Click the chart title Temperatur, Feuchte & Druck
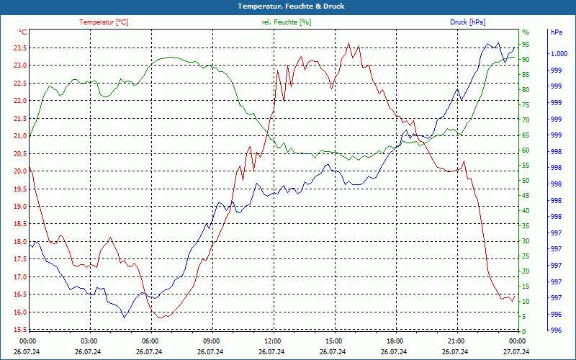(288, 6)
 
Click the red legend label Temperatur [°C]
(104, 22)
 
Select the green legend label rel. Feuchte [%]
(287, 22)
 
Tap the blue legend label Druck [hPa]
(467, 22)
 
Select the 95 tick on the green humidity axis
(526, 44)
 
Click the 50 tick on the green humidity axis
(526, 181)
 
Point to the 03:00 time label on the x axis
(89, 341)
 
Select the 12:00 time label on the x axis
(273, 341)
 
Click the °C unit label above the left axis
(23, 32)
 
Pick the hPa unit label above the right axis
(556, 32)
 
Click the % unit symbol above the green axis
(525, 32)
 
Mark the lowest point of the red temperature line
(163, 318)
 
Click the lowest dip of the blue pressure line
(124, 318)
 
